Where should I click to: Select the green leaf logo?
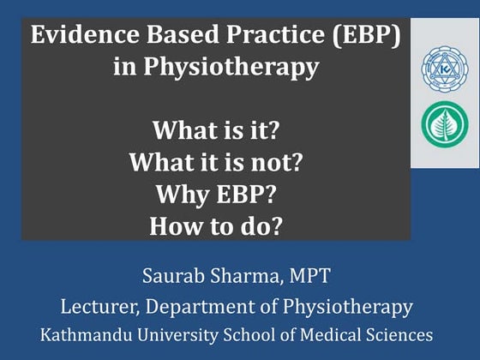point(445,123)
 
